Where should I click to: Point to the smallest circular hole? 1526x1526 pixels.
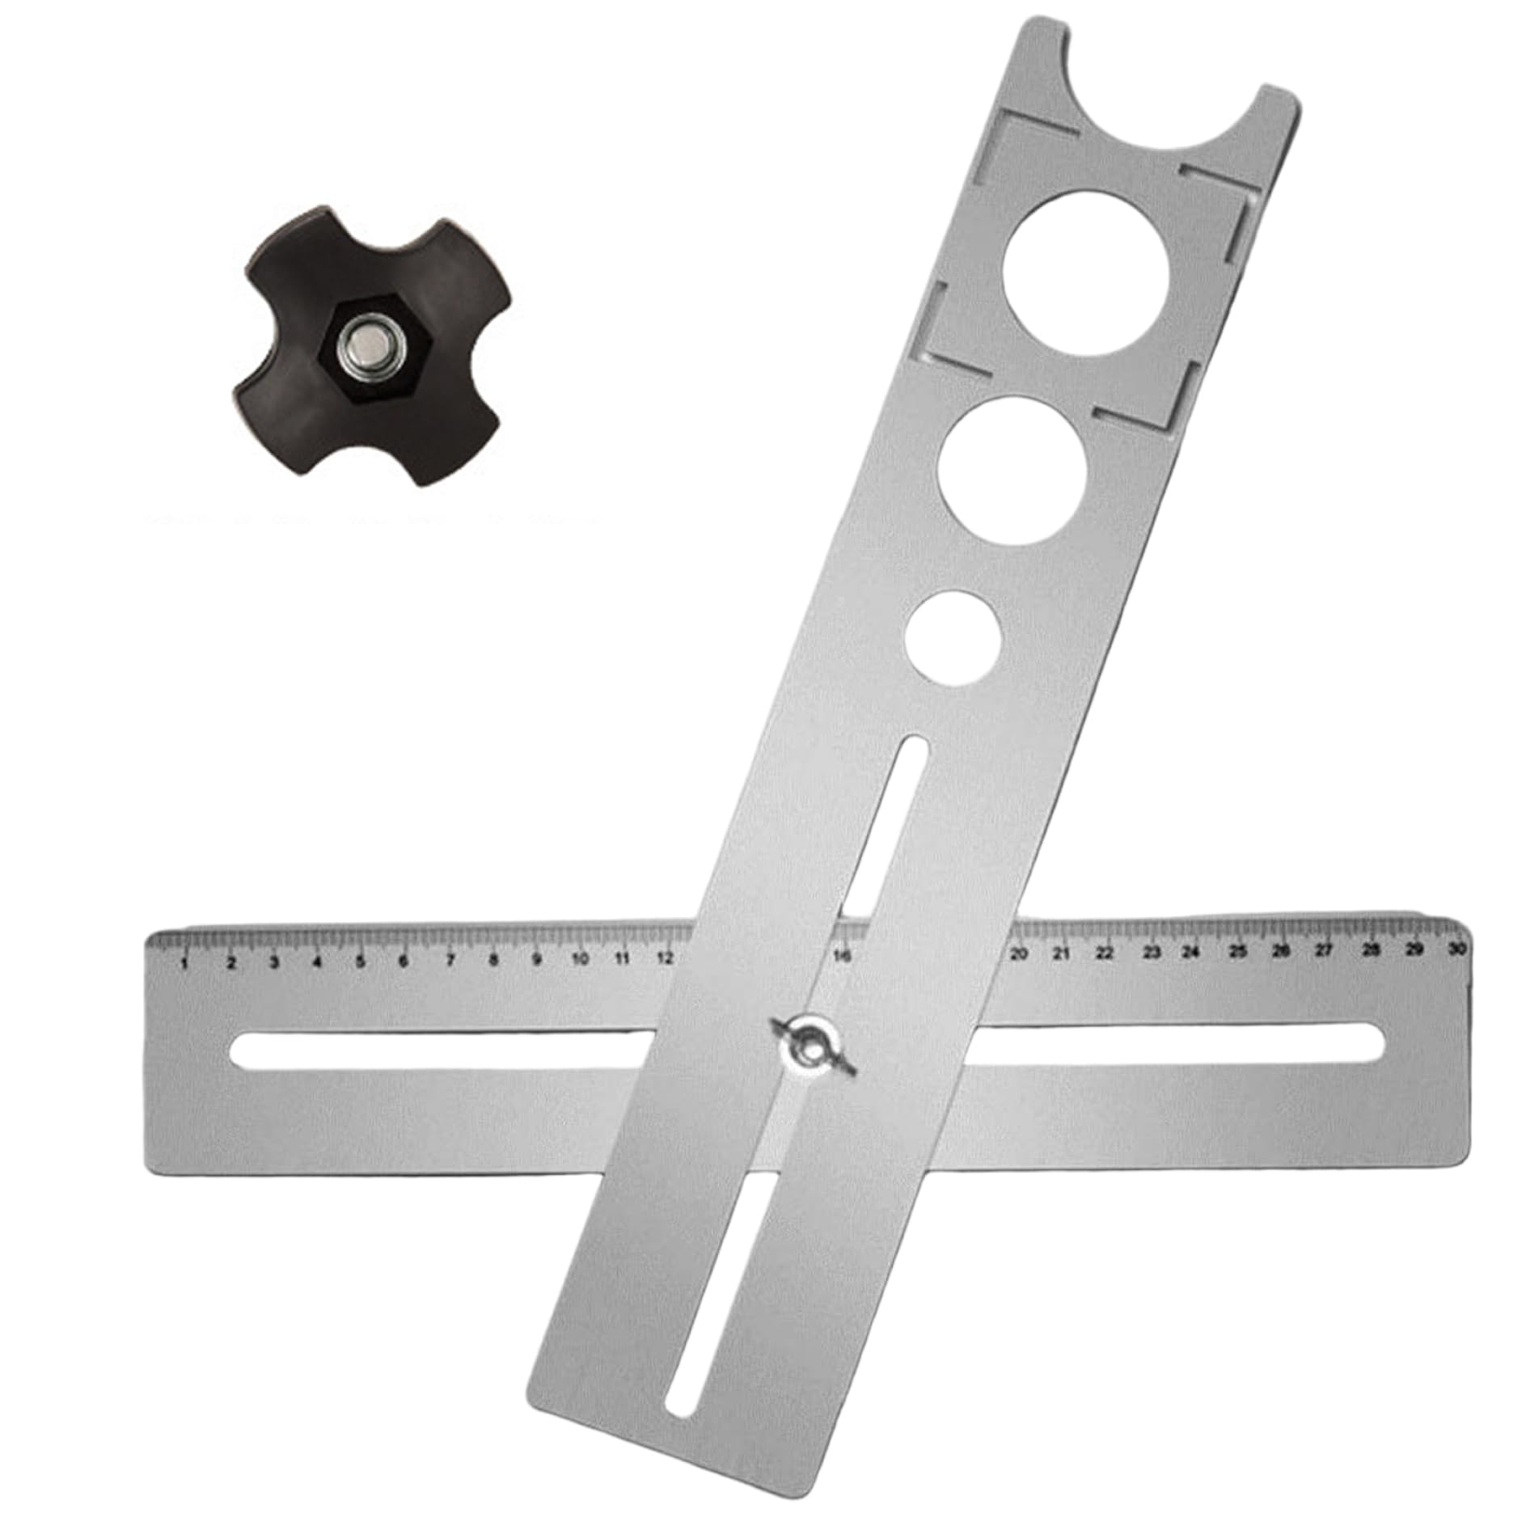point(953,639)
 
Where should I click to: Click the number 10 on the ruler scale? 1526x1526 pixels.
point(579,960)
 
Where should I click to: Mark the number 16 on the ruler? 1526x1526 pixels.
point(842,957)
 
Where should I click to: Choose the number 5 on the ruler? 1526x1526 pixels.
point(360,962)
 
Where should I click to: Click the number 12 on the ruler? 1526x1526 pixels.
point(665,958)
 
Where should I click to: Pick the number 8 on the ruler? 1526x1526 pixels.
point(492,961)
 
